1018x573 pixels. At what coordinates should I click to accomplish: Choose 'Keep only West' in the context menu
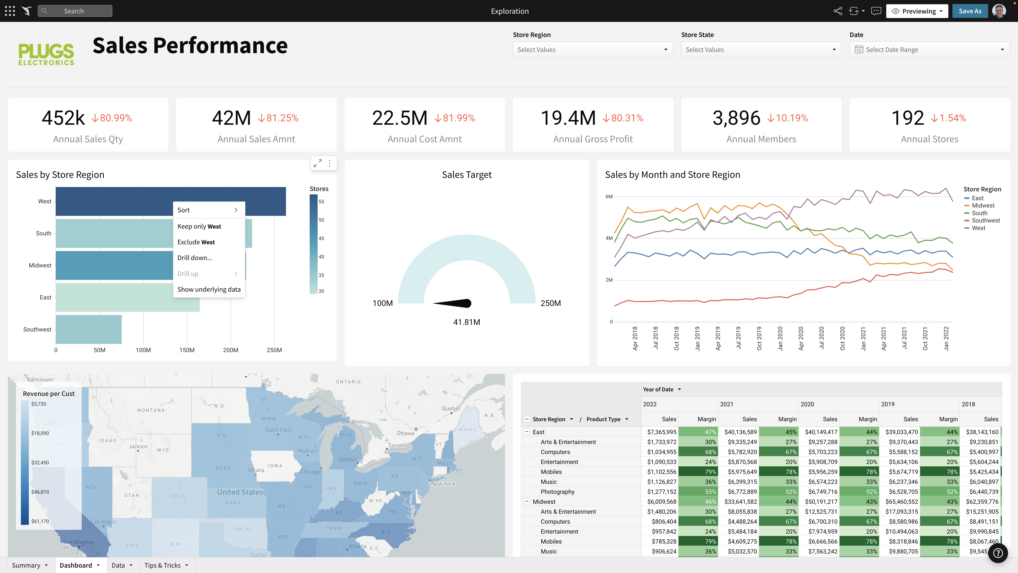tap(199, 226)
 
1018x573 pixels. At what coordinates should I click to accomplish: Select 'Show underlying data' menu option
tap(209, 289)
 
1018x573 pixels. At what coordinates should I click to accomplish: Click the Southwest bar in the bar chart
tap(88, 329)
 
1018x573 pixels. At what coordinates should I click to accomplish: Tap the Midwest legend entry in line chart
tap(983, 205)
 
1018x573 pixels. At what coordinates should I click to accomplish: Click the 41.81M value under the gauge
tap(466, 322)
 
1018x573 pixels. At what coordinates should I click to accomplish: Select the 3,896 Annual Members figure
tap(736, 118)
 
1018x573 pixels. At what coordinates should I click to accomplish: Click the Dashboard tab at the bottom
tap(76, 565)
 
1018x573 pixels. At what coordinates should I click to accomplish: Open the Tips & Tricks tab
tap(162, 565)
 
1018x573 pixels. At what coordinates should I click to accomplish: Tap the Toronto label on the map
tap(398, 445)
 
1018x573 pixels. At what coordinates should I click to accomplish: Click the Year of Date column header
tap(658, 389)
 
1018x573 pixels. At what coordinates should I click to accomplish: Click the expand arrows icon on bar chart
tap(317, 163)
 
